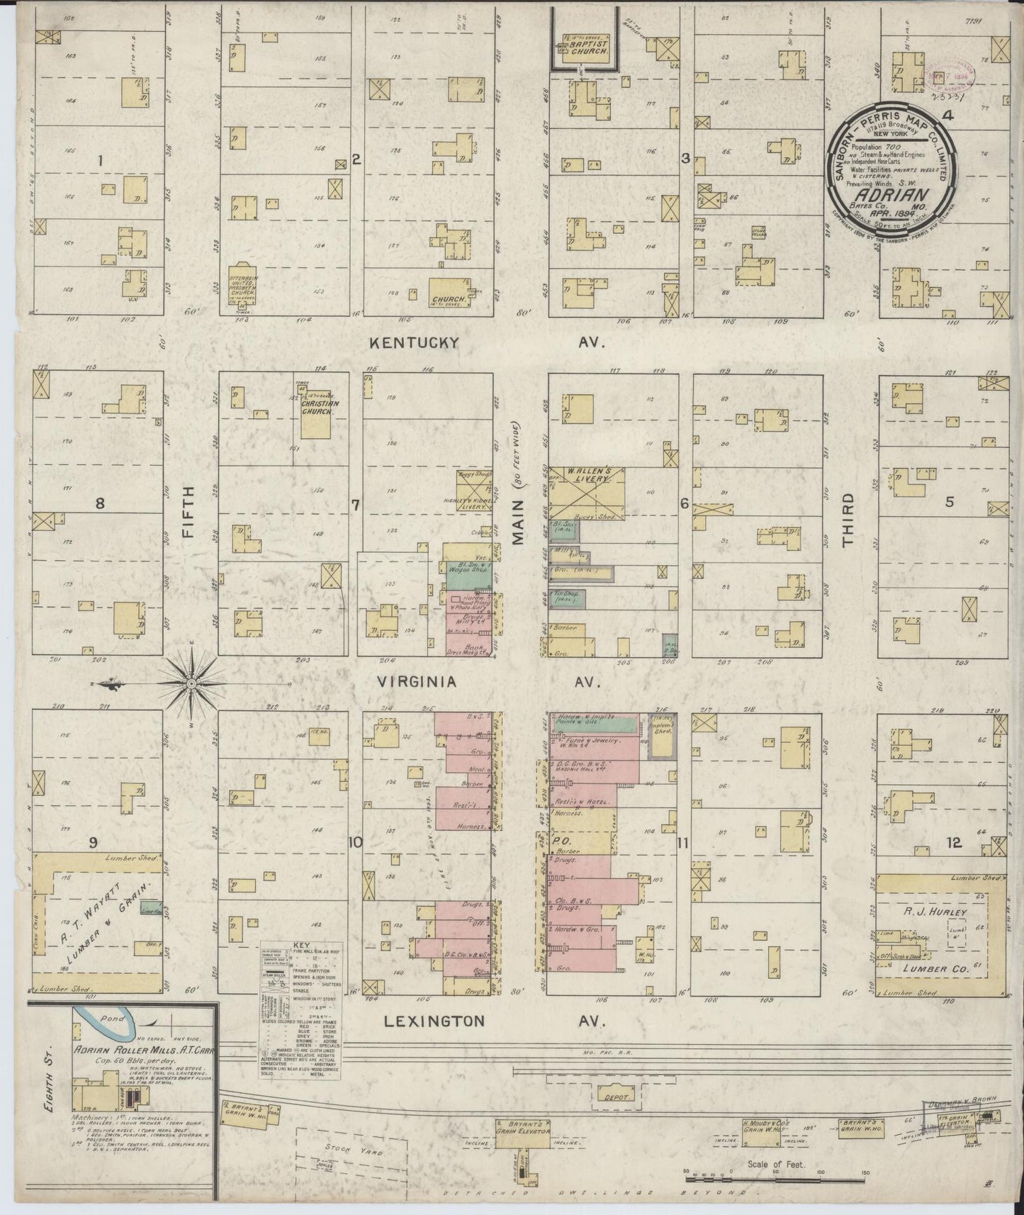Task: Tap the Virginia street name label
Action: [x=416, y=682]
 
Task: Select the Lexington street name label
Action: [x=434, y=1021]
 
